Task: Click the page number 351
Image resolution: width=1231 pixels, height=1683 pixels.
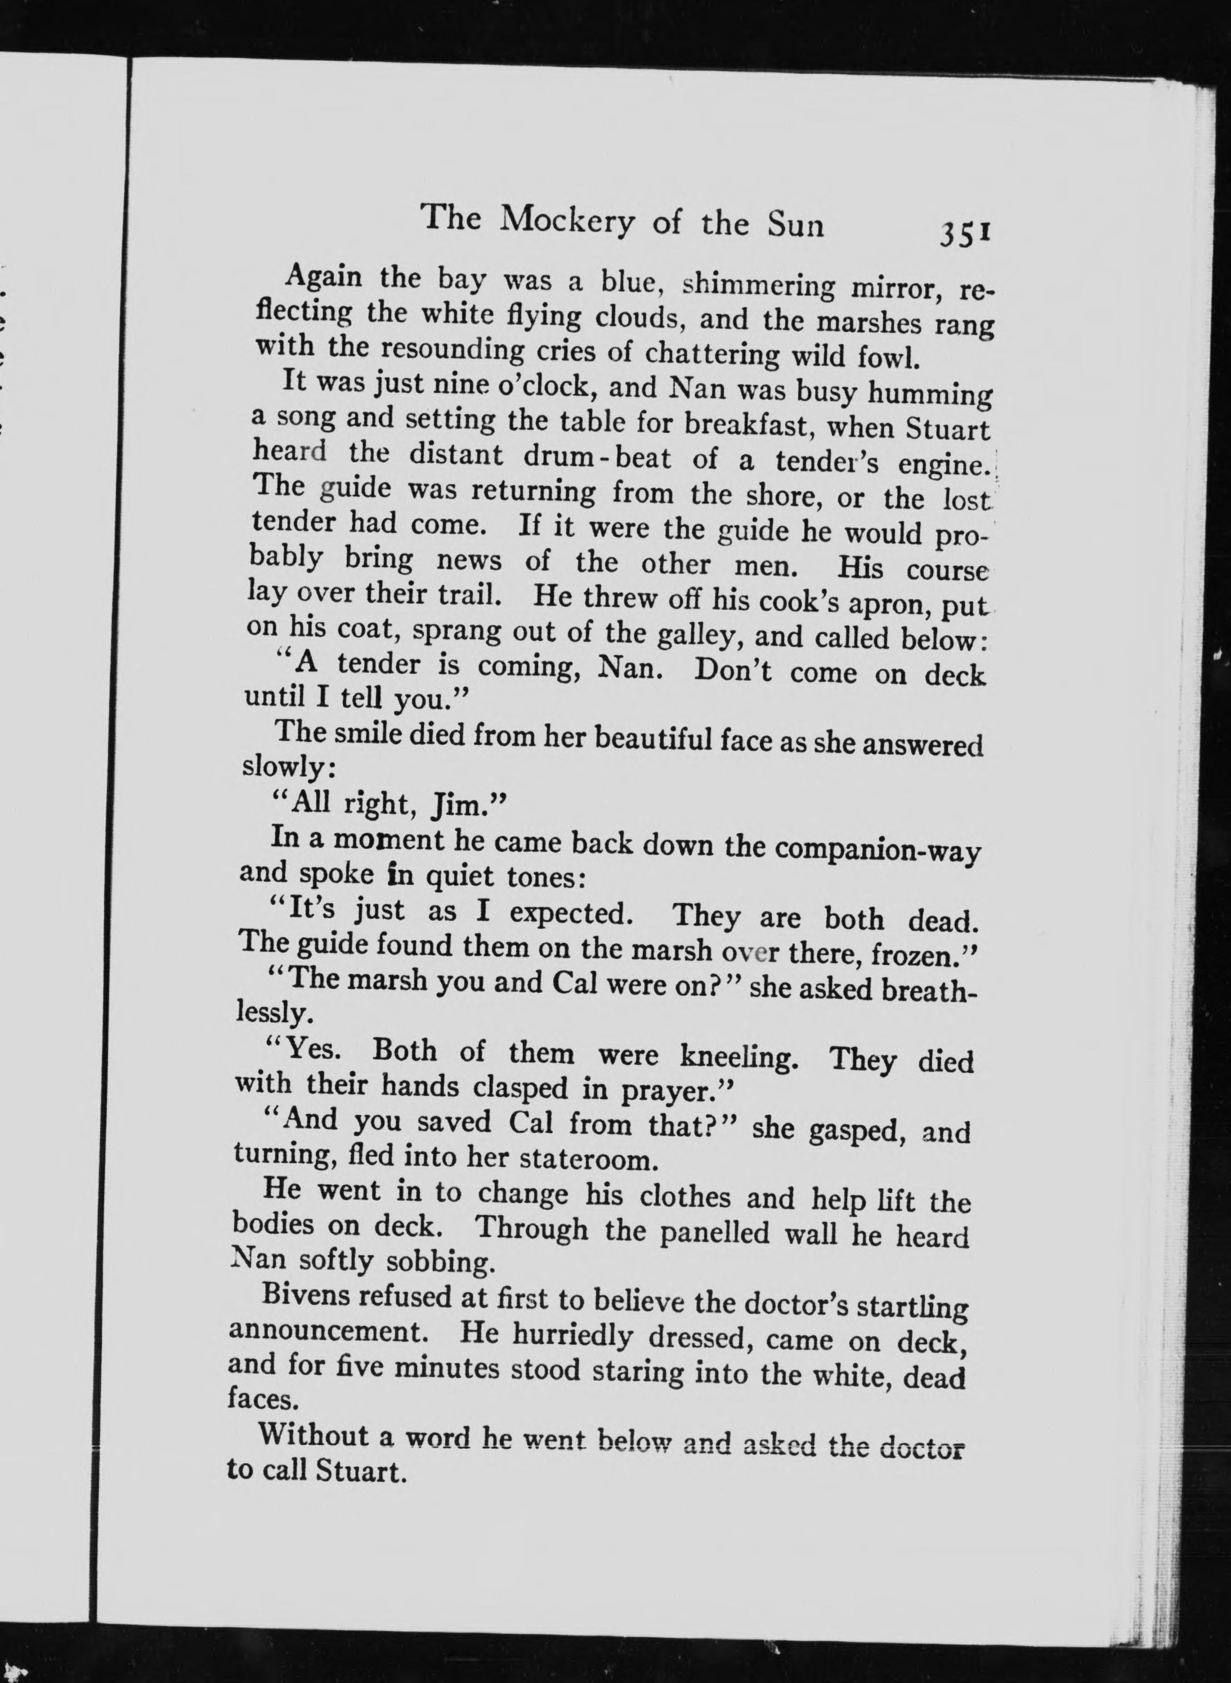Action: [964, 233]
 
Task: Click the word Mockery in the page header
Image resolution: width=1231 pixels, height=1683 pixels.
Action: [569, 221]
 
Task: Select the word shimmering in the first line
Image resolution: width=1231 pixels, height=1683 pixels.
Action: [762, 287]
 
